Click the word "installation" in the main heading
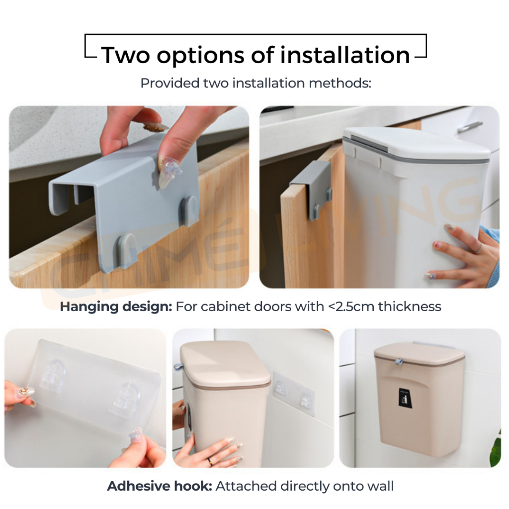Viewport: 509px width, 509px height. pos(345,55)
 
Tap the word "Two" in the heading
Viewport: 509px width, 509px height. pos(125,55)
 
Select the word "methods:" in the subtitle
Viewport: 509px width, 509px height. pos(339,83)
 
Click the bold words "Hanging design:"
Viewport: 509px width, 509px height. pos(116,307)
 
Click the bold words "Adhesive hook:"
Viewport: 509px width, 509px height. pos(160,486)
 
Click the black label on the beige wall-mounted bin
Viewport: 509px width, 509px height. pos(406,398)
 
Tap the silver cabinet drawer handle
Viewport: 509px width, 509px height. pos(469,127)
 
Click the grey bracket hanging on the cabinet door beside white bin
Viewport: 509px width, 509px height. pos(311,190)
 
